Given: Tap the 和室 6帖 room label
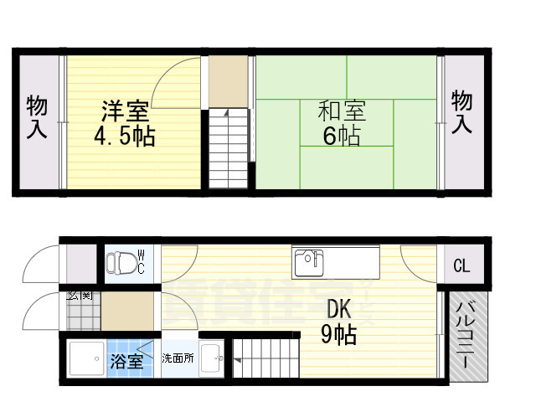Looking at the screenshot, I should [342, 123].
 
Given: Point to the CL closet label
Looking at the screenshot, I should [461, 266].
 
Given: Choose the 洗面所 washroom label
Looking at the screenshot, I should [178, 358].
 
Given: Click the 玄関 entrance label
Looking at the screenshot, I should [80, 295].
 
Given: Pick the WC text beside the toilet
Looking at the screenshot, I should [142, 260].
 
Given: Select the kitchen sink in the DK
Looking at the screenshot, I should [310, 262].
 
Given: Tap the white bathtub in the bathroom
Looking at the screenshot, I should [85, 360].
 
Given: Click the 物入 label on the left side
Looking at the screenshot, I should [37, 116].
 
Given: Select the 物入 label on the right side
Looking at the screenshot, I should [462, 112].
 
